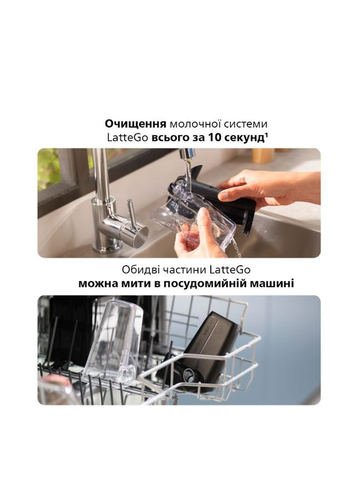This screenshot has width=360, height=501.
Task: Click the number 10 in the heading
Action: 215,138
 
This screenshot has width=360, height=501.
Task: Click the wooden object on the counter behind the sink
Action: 263,155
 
